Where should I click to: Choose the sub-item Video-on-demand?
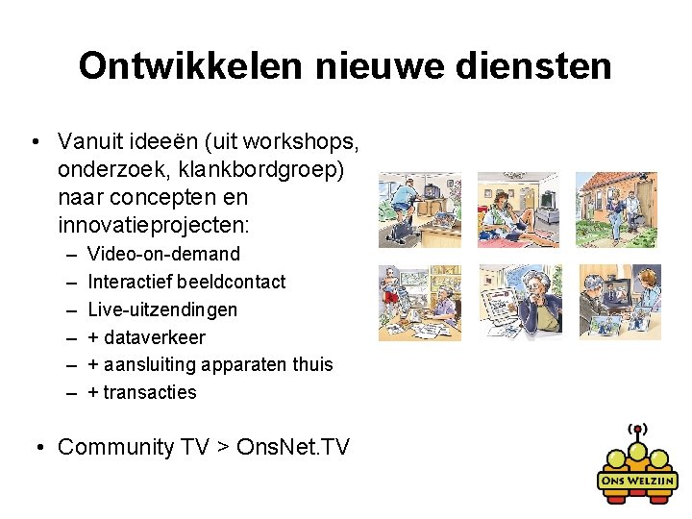[163, 254]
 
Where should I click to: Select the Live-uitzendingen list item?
[161, 309]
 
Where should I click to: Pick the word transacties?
[149, 392]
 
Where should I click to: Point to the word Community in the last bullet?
[117, 447]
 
